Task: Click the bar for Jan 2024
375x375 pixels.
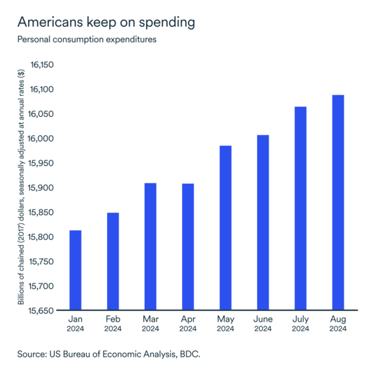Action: [x=75, y=271]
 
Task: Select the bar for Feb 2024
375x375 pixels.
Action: [x=113, y=262]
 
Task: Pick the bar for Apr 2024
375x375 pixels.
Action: [x=187, y=247]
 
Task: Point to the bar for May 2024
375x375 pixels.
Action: [x=225, y=228]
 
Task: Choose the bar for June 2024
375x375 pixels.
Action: [x=262, y=222]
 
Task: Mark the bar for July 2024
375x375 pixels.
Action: [x=300, y=209]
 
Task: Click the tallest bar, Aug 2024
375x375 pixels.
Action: [x=337, y=203]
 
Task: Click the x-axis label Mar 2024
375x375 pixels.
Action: [x=150, y=324]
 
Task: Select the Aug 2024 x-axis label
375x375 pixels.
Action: [x=337, y=324]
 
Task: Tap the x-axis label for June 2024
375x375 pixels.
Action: [x=262, y=324]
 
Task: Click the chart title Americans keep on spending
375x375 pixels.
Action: [x=106, y=23]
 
